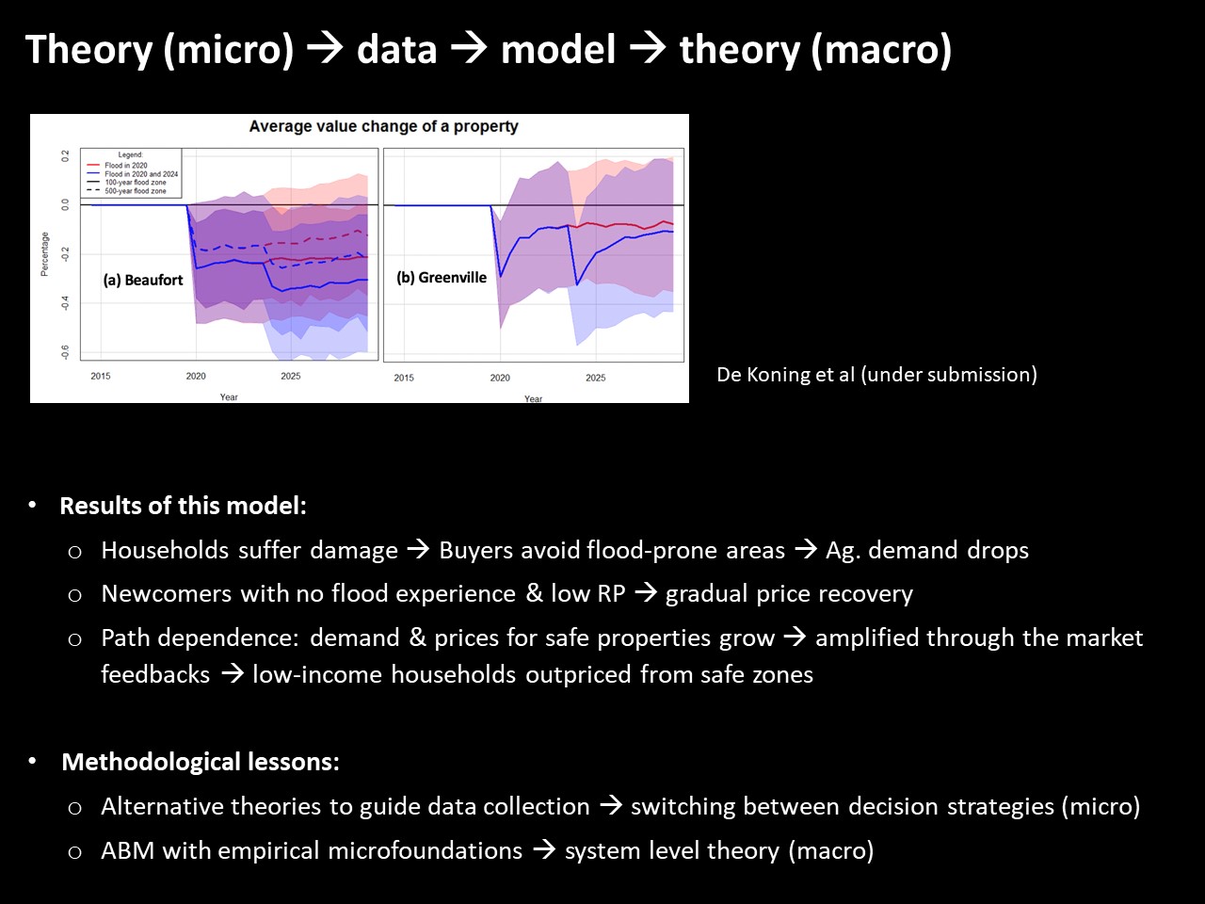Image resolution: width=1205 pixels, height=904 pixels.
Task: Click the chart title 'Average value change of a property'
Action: (x=383, y=126)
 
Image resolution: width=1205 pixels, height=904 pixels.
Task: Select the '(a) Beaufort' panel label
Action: (x=143, y=280)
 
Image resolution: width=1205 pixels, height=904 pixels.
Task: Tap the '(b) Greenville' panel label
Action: (x=442, y=277)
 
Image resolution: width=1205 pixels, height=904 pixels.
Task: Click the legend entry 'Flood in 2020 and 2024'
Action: (x=141, y=174)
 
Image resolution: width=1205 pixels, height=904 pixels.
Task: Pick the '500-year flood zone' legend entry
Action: (x=135, y=191)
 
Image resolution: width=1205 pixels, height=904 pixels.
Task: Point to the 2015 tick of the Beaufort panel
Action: (x=101, y=376)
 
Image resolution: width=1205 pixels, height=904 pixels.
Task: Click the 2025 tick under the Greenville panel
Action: (x=595, y=378)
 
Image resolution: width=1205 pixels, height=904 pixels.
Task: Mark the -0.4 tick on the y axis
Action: (x=65, y=303)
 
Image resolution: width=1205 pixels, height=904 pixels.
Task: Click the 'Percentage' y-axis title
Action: (x=44, y=254)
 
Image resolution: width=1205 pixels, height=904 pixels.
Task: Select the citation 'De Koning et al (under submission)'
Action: (x=876, y=375)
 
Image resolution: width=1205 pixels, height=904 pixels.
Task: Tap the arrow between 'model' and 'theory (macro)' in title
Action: (x=648, y=49)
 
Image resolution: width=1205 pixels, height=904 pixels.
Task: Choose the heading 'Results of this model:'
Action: (x=183, y=506)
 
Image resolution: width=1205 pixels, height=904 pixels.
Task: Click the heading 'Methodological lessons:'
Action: (x=201, y=762)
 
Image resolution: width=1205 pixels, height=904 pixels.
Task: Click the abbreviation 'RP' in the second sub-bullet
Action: (x=611, y=593)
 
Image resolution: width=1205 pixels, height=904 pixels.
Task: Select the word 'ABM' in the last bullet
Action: (x=127, y=850)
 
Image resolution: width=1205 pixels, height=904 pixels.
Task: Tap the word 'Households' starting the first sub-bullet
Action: (x=165, y=550)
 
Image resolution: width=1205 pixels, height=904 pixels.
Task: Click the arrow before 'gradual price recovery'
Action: (x=646, y=593)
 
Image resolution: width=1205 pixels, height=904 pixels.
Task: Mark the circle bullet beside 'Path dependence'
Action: (x=74, y=639)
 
